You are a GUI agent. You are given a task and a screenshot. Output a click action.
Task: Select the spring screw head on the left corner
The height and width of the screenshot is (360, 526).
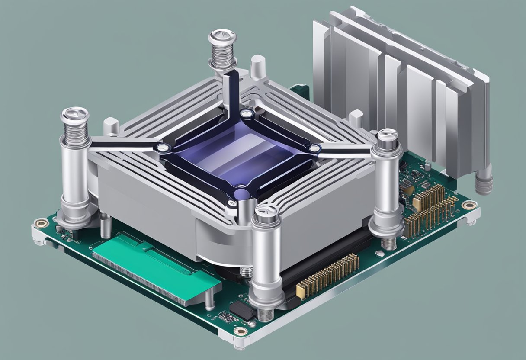pos(74,116)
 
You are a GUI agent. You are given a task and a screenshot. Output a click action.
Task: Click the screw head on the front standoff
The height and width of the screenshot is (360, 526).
pos(267,212)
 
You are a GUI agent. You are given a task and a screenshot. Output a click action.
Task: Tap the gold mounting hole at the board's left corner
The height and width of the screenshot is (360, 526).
pos(41,223)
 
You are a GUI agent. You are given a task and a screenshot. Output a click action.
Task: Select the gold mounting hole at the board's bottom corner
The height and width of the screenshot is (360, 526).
pos(240,331)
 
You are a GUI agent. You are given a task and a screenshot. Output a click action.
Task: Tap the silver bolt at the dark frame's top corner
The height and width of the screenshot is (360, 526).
pos(246,114)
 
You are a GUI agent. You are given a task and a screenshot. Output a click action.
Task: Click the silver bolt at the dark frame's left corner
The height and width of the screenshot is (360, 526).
pos(162,148)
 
